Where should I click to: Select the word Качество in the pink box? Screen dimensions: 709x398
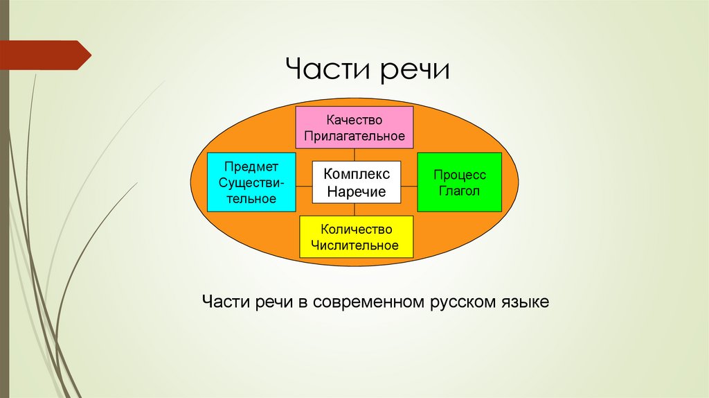[354, 120]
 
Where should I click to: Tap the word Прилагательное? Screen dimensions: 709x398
[354, 135]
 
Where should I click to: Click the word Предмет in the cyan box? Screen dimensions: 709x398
[251, 166]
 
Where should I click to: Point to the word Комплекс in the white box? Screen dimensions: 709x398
[357, 174]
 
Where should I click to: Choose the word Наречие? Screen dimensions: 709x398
[357, 191]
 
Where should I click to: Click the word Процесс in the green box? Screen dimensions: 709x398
[460, 175]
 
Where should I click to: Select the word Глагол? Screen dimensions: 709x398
[460, 191]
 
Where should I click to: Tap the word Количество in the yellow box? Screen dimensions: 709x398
[356, 230]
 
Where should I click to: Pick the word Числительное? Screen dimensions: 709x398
[356, 245]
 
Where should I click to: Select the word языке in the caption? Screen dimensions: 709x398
[526, 303]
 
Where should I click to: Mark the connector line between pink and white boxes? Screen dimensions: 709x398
[354, 155]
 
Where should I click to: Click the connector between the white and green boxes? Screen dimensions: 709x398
[409, 186]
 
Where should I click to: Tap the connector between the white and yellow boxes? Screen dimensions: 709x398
[354, 209]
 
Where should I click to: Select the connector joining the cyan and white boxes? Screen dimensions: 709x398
[303, 186]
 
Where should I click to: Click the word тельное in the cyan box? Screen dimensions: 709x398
[251, 198]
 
